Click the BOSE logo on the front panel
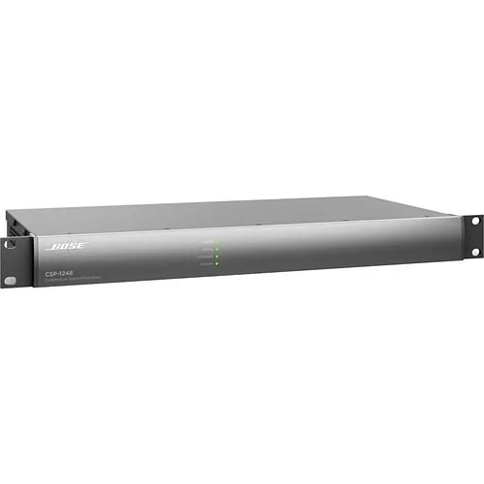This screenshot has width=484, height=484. point(67,246)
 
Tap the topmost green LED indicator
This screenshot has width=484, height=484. point(218,241)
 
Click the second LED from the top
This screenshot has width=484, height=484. point(218,249)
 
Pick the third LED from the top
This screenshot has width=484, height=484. point(218,256)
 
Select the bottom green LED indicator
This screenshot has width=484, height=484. point(218,263)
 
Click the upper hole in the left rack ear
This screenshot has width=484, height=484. point(10,245)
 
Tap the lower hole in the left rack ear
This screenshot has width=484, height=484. point(10,281)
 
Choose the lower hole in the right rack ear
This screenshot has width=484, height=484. point(474,252)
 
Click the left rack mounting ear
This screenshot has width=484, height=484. point(11,262)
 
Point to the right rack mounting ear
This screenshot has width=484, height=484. point(473,236)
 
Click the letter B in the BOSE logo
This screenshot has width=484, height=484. point(54,246)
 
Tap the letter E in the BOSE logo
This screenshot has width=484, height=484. point(80,246)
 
